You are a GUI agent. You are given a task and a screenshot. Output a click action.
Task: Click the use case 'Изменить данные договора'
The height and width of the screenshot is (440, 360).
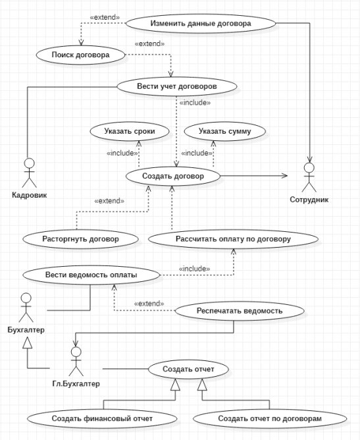[x=201, y=23]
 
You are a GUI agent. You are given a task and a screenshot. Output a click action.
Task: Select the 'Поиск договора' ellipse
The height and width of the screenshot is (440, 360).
[x=80, y=55]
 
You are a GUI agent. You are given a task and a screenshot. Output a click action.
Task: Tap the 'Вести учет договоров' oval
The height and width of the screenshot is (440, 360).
[x=177, y=86]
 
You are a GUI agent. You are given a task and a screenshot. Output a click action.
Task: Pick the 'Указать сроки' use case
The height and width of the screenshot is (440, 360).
[x=130, y=131]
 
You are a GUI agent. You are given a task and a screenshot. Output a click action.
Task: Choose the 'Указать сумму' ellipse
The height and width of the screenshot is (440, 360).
[x=225, y=131]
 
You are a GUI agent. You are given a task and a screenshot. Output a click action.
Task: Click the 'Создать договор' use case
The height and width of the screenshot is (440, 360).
[x=173, y=177]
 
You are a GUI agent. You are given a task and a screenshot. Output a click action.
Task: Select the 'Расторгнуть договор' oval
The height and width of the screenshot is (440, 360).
[x=80, y=239]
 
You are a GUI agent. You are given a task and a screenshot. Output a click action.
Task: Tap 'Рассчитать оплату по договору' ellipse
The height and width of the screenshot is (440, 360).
[x=233, y=239]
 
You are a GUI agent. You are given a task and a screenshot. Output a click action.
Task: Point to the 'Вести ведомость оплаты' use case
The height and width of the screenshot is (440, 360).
[x=91, y=275]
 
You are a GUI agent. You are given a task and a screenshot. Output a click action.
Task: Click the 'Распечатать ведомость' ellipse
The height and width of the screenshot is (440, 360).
[x=240, y=311]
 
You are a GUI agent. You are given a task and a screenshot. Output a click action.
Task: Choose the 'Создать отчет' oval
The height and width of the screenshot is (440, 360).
[x=188, y=370]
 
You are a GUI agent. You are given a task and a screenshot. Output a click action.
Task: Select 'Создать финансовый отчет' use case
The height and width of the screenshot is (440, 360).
[x=102, y=419]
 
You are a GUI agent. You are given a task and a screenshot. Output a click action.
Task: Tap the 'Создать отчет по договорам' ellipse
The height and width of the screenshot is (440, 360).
[x=270, y=419]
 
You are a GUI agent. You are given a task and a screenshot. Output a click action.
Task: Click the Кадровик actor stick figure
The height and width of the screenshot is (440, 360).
[x=29, y=173]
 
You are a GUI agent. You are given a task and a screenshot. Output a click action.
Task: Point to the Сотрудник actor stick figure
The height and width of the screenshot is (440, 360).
[x=309, y=177]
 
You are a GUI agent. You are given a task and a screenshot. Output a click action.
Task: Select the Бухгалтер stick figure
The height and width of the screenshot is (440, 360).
[x=26, y=308]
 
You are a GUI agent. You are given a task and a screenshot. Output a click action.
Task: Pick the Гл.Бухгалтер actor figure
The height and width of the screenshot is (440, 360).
[x=76, y=362]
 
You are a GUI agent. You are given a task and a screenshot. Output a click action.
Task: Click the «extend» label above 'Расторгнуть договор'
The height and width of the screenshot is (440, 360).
[x=109, y=201]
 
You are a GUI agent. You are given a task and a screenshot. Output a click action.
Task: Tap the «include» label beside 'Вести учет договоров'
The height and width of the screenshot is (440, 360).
[x=195, y=103]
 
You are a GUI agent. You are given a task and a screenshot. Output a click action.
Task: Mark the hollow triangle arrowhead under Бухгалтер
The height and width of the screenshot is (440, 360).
[x=28, y=343]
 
